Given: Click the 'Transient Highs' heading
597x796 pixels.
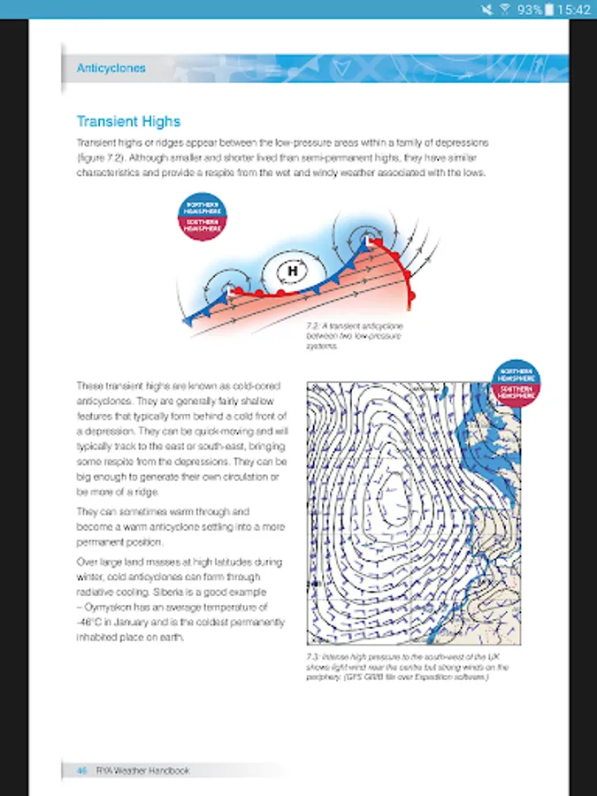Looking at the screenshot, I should click(x=128, y=121).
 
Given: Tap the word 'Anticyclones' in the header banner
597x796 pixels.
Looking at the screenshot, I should click(x=111, y=68).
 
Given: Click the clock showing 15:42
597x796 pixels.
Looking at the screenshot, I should click(x=576, y=10).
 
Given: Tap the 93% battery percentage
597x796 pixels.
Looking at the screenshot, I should click(x=530, y=10).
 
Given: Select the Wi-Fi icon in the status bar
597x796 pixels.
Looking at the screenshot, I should click(x=505, y=10).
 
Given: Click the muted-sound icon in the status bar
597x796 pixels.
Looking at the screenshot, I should click(x=487, y=10).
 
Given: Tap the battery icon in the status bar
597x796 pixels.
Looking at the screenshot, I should click(x=550, y=10).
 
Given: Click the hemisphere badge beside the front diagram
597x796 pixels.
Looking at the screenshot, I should click(x=202, y=218).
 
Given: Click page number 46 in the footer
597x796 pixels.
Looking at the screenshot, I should click(x=80, y=770).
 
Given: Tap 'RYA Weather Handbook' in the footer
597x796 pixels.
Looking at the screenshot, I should click(x=142, y=770).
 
